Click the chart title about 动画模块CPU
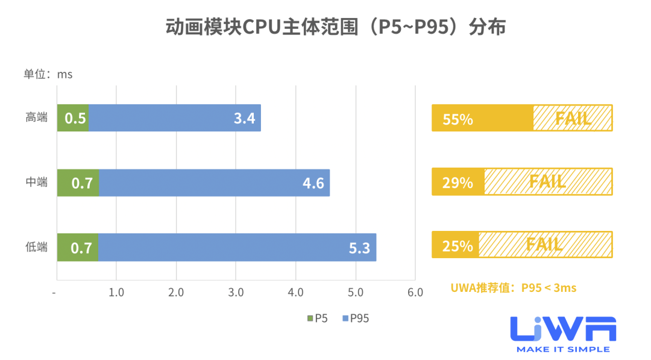(336, 28)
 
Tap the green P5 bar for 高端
(73, 118)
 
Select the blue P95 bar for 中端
(214, 183)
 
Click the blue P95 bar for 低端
(237, 247)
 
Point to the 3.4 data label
(244, 118)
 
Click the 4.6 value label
(313, 183)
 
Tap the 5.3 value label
(359, 248)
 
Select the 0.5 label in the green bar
(75, 118)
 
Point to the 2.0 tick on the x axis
(176, 292)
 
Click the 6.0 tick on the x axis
(415, 292)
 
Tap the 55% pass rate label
(458, 119)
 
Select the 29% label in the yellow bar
(458, 182)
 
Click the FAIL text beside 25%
(544, 245)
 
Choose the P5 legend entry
(318, 318)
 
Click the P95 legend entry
(355, 318)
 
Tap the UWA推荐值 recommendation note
(513, 288)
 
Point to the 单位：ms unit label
(48, 74)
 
